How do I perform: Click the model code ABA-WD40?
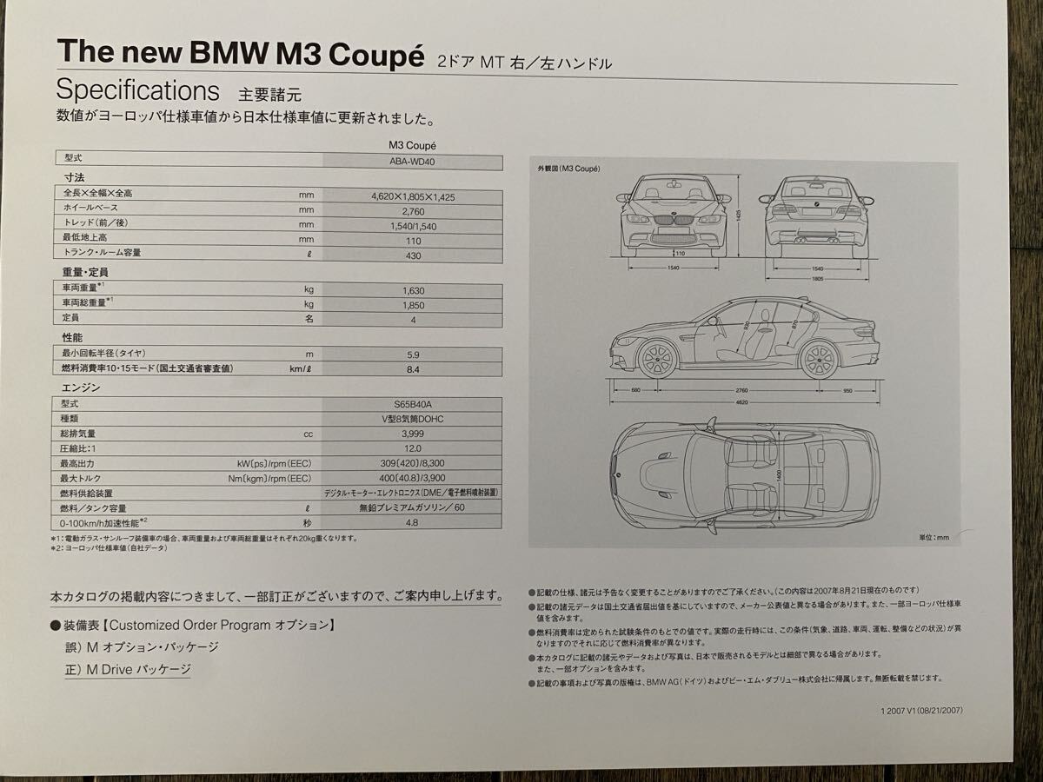click(413, 161)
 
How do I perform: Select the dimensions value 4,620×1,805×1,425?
click(413, 196)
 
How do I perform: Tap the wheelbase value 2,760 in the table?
click(413, 210)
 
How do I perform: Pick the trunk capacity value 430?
click(413, 255)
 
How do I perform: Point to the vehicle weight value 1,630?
click(413, 291)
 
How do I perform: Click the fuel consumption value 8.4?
click(413, 369)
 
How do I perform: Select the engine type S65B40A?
click(413, 405)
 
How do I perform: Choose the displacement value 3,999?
click(413, 434)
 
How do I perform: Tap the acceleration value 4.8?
click(413, 523)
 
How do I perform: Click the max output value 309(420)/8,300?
click(413, 463)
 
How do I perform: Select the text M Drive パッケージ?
click(127, 669)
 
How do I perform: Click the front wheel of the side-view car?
click(657, 358)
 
